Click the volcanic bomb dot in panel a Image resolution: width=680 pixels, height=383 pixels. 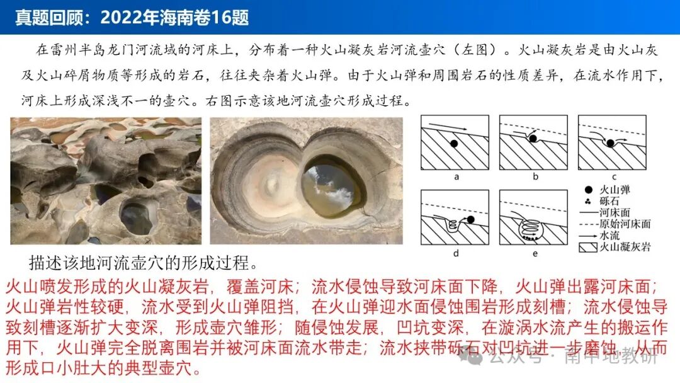point(453,144)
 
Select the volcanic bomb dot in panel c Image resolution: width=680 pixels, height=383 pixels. point(609,144)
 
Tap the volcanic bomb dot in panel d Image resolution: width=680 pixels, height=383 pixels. point(469,220)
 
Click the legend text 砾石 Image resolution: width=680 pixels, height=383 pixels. point(609,201)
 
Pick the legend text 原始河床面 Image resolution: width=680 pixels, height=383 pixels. point(625,224)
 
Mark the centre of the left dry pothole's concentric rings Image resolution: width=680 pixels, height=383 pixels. point(273,183)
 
